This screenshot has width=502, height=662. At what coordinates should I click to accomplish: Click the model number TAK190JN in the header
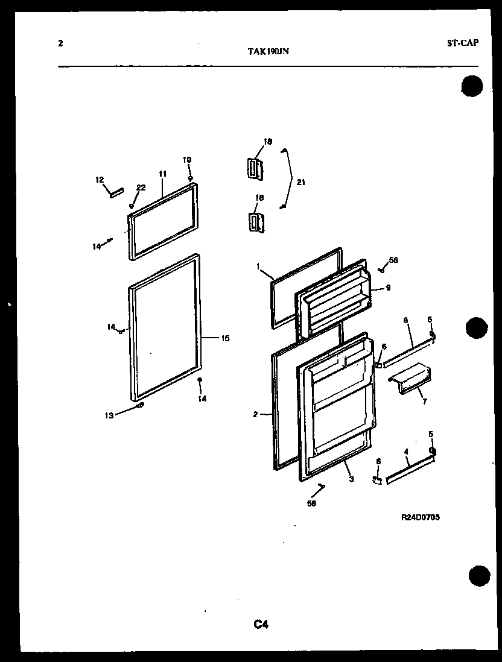click(x=268, y=52)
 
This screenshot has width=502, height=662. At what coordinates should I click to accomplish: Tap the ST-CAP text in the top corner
click(x=463, y=43)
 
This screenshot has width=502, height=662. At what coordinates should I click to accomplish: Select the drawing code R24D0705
click(x=420, y=517)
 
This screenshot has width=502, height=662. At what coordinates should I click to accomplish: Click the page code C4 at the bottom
click(x=261, y=625)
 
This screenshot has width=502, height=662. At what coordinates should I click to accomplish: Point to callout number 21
click(x=301, y=182)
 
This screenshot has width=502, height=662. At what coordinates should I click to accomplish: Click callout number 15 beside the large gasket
click(x=224, y=338)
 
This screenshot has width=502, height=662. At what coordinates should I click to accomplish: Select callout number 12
click(x=100, y=179)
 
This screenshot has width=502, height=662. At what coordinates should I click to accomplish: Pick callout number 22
click(x=140, y=188)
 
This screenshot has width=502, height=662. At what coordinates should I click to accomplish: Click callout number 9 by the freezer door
click(x=388, y=288)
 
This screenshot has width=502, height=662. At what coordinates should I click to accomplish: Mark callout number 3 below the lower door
click(x=351, y=479)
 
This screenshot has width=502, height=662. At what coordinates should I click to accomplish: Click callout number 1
click(x=258, y=266)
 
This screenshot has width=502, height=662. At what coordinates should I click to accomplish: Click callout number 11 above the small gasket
click(x=162, y=174)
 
